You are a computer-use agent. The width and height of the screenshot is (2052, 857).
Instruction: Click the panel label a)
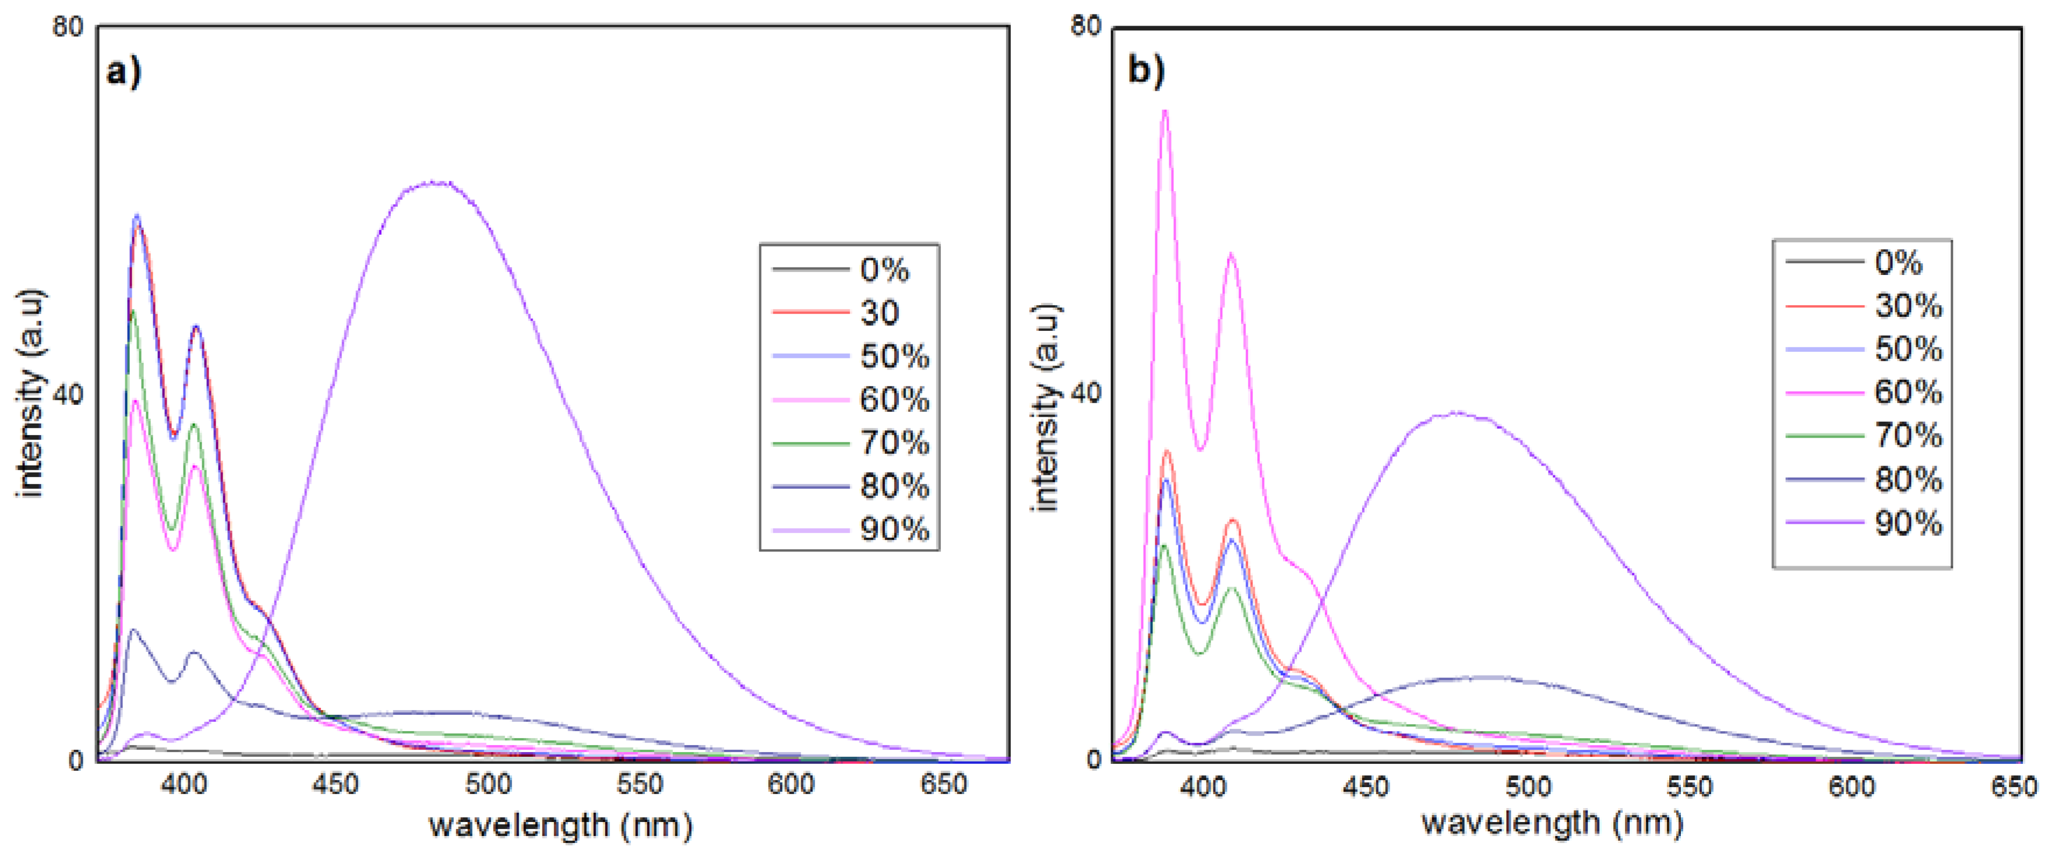(x=124, y=72)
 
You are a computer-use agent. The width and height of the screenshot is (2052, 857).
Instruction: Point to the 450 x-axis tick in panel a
(x=336, y=785)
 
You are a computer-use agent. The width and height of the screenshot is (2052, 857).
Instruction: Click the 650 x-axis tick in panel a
(x=943, y=785)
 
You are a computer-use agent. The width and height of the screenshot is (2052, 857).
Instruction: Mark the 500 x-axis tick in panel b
(x=1528, y=787)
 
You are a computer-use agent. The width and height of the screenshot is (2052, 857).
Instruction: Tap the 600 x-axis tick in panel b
(x=1851, y=787)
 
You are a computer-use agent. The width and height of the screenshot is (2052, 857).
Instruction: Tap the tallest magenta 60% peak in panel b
(x=1165, y=111)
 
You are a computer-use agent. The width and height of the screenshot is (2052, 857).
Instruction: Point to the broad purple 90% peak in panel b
(x=1456, y=412)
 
